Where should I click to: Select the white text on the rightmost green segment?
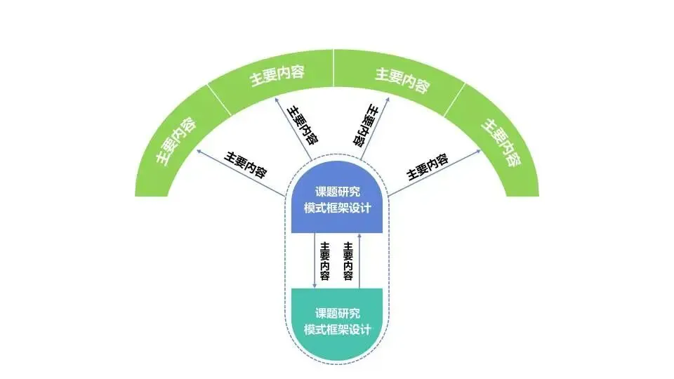click(500, 140)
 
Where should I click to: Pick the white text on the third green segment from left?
click(402, 80)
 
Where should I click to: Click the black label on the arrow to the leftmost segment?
click(246, 164)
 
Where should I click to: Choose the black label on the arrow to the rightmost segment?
click(428, 166)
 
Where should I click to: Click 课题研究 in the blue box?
click(337, 192)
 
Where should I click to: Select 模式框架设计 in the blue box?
click(337, 208)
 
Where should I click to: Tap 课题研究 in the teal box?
click(337, 313)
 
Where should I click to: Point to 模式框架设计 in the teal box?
click(337, 330)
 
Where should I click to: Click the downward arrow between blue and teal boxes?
click(314, 260)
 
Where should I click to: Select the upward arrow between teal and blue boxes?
click(359, 260)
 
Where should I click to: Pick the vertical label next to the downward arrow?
click(325, 260)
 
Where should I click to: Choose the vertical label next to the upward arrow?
click(348, 260)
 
